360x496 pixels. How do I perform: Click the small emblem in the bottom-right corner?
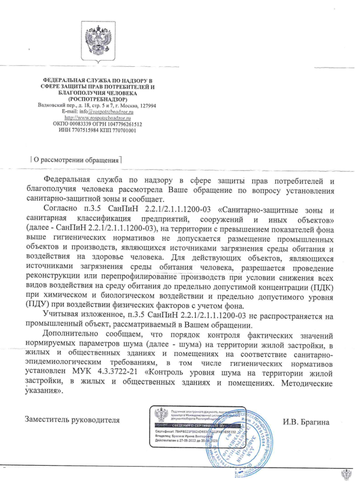344,474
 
